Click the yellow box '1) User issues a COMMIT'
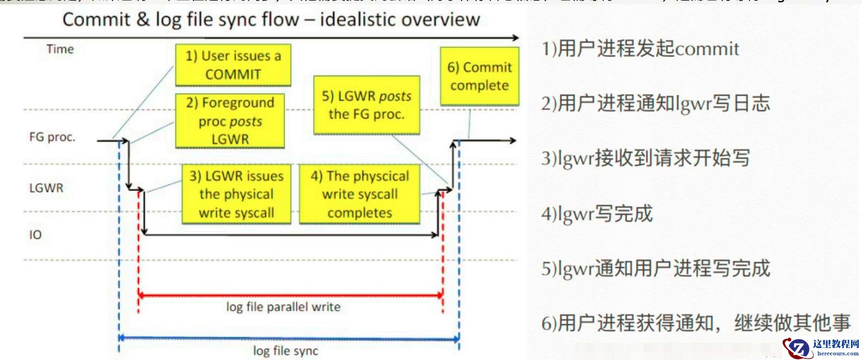[x=233, y=65]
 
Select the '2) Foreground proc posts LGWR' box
[x=230, y=121]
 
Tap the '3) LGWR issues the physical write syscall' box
[x=236, y=194]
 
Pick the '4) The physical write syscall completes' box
[x=360, y=194]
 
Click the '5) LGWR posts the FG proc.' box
[x=367, y=105]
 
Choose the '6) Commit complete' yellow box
[x=479, y=76]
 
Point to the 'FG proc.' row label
[x=52, y=137]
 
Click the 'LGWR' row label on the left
[x=46, y=188]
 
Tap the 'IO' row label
[x=35, y=235]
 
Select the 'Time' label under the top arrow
[x=60, y=49]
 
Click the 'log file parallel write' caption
[x=283, y=307]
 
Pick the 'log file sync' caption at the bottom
[x=285, y=351]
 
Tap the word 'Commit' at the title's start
[x=97, y=20]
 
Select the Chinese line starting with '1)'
[x=640, y=49]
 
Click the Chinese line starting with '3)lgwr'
[x=645, y=158]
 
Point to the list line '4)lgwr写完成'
[x=596, y=213]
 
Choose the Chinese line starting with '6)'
[x=695, y=323]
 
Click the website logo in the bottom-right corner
[x=822, y=347]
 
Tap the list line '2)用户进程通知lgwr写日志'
[x=655, y=103]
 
